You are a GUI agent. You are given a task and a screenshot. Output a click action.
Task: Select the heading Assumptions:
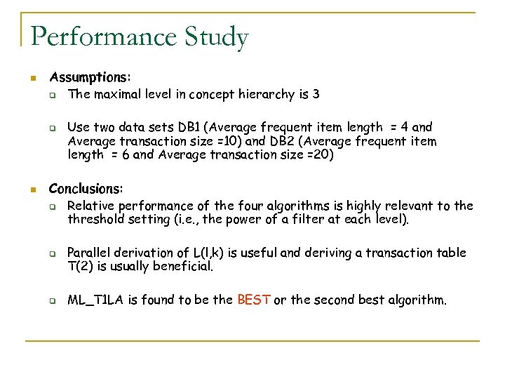click(x=90, y=77)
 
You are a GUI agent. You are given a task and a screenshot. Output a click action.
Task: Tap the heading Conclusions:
click(x=86, y=189)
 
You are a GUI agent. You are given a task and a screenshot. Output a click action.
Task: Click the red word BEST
click(x=254, y=300)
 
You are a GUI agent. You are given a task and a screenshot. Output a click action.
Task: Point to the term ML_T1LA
click(x=95, y=300)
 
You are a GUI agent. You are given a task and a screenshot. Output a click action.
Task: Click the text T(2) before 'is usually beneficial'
click(x=81, y=267)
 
